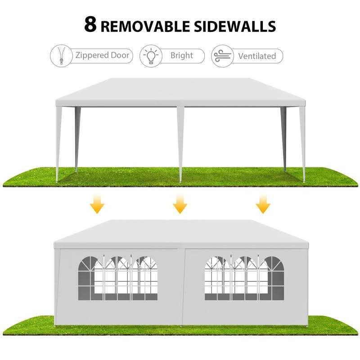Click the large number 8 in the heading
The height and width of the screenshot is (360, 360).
[x=90, y=24]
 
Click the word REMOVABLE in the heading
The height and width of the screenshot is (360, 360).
[x=145, y=26]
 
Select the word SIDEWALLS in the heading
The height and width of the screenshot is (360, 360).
[x=235, y=26]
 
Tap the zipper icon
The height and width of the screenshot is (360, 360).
[x=61, y=56]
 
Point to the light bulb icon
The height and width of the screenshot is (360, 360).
[x=151, y=56]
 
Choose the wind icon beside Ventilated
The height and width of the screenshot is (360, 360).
[x=222, y=56]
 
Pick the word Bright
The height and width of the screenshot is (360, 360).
[x=182, y=55]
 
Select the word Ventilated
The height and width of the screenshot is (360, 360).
[x=257, y=56]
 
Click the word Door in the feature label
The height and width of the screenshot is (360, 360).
[x=120, y=55]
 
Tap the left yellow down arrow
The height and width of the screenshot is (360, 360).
[x=97, y=203]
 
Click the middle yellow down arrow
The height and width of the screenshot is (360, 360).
[x=180, y=203]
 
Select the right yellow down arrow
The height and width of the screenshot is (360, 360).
[x=263, y=203]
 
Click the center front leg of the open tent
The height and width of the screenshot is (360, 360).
[x=180, y=144]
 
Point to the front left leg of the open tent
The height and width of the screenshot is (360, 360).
[x=58, y=144]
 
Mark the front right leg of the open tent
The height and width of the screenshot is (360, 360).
[x=302, y=144]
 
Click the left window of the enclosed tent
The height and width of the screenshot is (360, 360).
[x=118, y=278]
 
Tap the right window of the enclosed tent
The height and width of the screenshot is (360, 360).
[x=244, y=278]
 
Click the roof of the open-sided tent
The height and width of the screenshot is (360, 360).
[x=180, y=92]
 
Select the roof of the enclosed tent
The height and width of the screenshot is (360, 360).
[x=181, y=234]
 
